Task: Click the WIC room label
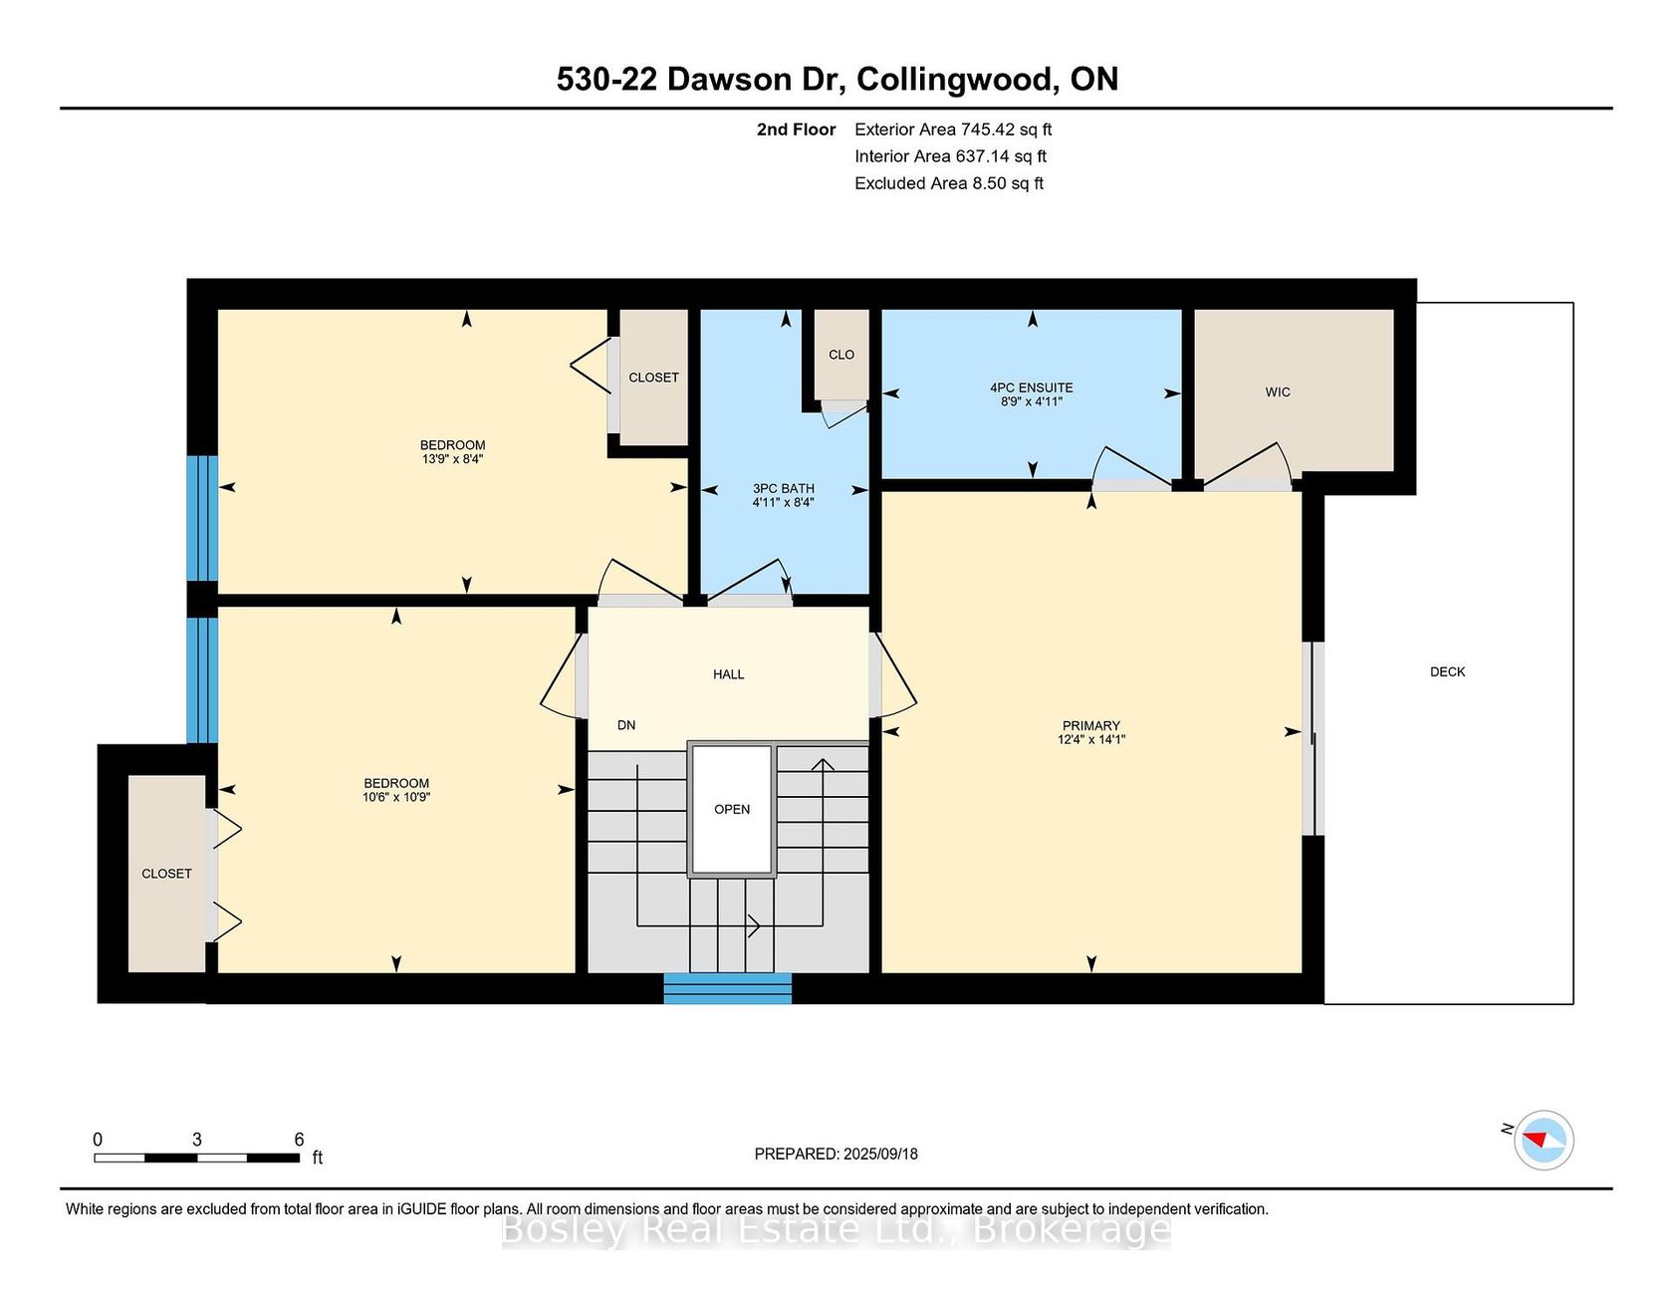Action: (x=1278, y=392)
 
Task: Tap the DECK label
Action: (x=1447, y=672)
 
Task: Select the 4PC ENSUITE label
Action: (x=1032, y=388)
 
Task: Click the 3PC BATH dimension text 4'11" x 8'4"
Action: (x=783, y=502)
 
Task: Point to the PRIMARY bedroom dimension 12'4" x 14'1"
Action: (x=1091, y=739)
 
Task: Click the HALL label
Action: (x=729, y=674)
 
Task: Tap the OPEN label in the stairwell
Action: (x=732, y=809)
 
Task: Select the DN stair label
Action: (x=626, y=725)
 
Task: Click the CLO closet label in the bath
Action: (x=841, y=355)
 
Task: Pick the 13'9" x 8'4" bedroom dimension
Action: (x=453, y=459)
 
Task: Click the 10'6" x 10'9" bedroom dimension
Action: (x=396, y=797)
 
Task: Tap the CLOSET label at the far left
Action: (x=166, y=874)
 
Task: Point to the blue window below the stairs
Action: (x=728, y=988)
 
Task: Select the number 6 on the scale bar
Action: (x=299, y=1140)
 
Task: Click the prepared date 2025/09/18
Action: (x=880, y=1154)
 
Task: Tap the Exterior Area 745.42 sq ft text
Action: (x=953, y=129)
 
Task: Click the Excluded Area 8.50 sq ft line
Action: (x=949, y=183)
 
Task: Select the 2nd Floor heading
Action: (x=796, y=129)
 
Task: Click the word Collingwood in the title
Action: (x=958, y=80)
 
